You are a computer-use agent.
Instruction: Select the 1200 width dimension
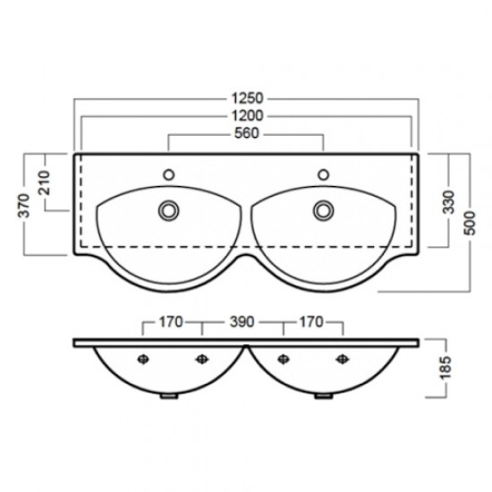(245, 116)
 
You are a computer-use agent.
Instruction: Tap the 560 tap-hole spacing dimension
(245, 136)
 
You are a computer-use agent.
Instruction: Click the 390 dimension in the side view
(244, 320)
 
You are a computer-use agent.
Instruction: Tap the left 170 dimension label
(173, 320)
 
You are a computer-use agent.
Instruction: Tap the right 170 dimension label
(312, 320)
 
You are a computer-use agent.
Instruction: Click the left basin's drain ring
(167, 209)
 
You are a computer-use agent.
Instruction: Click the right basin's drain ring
(323, 209)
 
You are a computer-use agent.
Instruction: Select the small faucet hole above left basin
(167, 174)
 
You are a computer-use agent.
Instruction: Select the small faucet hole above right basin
(323, 174)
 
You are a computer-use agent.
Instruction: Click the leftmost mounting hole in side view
(142, 360)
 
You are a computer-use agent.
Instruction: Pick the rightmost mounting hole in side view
(341, 360)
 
